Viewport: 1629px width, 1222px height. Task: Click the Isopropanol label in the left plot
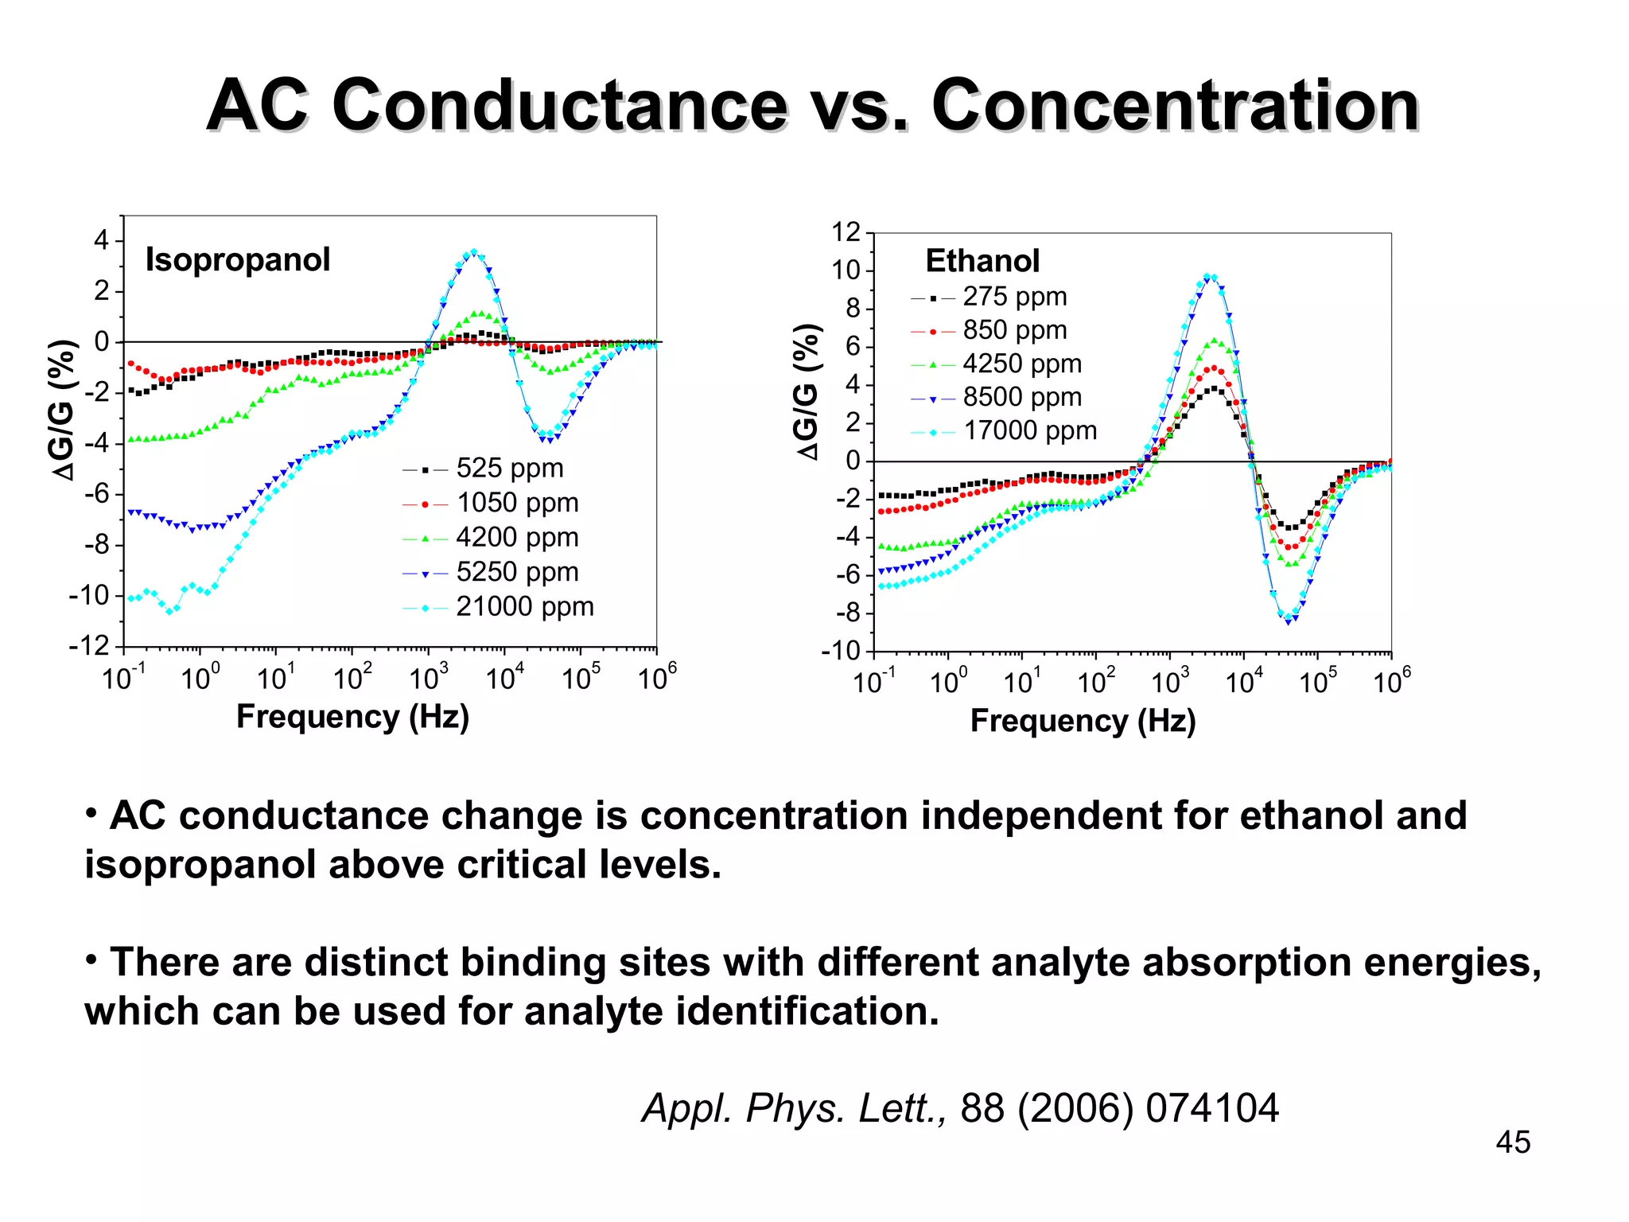pos(237,260)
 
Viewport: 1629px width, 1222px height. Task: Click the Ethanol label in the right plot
pos(982,261)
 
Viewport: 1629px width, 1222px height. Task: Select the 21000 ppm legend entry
pos(524,607)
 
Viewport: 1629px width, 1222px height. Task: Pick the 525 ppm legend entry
pos(509,469)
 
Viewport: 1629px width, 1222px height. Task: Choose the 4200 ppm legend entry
pos(517,538)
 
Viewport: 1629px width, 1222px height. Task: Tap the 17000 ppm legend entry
pos(1029,430)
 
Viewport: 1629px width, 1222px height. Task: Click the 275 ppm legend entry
pos(1014,297)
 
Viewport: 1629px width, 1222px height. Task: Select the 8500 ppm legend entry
pos(1022,397)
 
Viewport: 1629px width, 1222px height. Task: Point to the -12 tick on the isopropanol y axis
pos(89,646)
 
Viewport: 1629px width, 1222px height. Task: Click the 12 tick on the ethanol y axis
pos(846,232)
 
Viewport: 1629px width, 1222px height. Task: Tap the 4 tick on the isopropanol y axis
pos(101,239)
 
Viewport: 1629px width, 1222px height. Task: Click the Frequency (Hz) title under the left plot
pos(352,717)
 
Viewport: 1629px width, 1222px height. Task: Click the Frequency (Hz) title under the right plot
pos(1083,721)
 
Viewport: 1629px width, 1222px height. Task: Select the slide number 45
pos(1512,1142)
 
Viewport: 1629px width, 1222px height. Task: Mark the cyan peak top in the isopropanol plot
pos(474,251)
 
